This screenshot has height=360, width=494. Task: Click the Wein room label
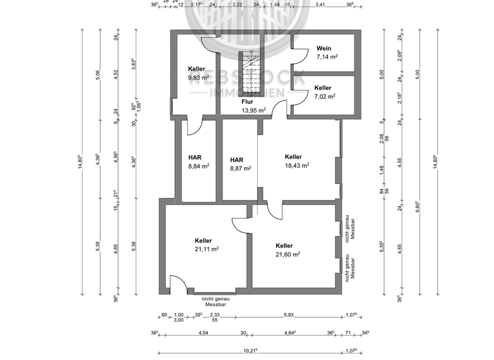pos(324,48)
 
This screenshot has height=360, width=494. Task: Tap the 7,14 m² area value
pos(327,57)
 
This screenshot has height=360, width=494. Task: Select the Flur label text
pos(247,102)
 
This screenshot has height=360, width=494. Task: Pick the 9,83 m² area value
pos(199,78)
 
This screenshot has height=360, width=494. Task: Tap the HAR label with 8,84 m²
pos(195,157)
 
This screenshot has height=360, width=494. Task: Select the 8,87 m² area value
pos(240,168)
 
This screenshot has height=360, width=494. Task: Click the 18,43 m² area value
pos(297,165)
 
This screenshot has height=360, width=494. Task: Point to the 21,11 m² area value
pos(207,249)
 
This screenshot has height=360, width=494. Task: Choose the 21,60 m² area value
pos(288,255)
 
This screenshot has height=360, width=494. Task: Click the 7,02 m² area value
pos(325,97)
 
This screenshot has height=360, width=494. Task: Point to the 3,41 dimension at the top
pos(320,4)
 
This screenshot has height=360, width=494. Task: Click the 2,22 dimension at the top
pos(237,4)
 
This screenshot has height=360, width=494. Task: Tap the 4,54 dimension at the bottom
pos(202,333)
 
